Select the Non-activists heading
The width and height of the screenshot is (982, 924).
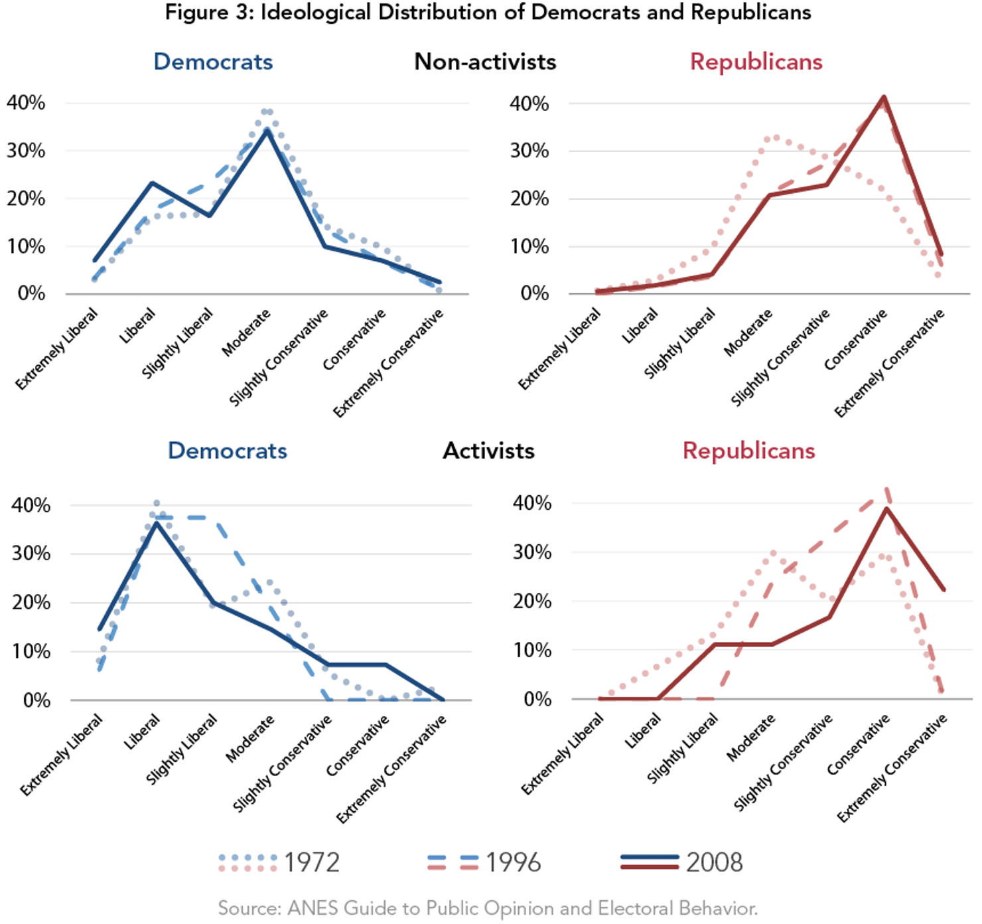(485, 62)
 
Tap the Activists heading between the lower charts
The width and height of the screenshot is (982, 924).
(488, 451)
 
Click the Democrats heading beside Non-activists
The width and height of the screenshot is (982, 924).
(213, 62)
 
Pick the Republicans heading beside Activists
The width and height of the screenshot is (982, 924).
(748, 451)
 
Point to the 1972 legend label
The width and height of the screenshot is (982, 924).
(312, 862)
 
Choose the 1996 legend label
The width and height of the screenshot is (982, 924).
(513, 862)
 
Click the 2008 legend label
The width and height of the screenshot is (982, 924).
(714, 862)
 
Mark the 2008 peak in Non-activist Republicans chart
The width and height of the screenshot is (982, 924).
(884, 98)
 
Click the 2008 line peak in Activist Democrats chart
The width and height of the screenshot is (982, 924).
(157, 522)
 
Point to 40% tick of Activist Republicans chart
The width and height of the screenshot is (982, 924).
(531, 503)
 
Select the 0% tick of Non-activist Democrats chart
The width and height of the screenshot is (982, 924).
(31, 293)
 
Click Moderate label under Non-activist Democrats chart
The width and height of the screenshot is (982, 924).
(246, 333)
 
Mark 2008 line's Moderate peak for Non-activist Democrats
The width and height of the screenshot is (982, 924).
(267, 130)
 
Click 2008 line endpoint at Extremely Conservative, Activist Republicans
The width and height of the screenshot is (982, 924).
(943, 589)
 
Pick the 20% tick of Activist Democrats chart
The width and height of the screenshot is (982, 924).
(31, 602)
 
